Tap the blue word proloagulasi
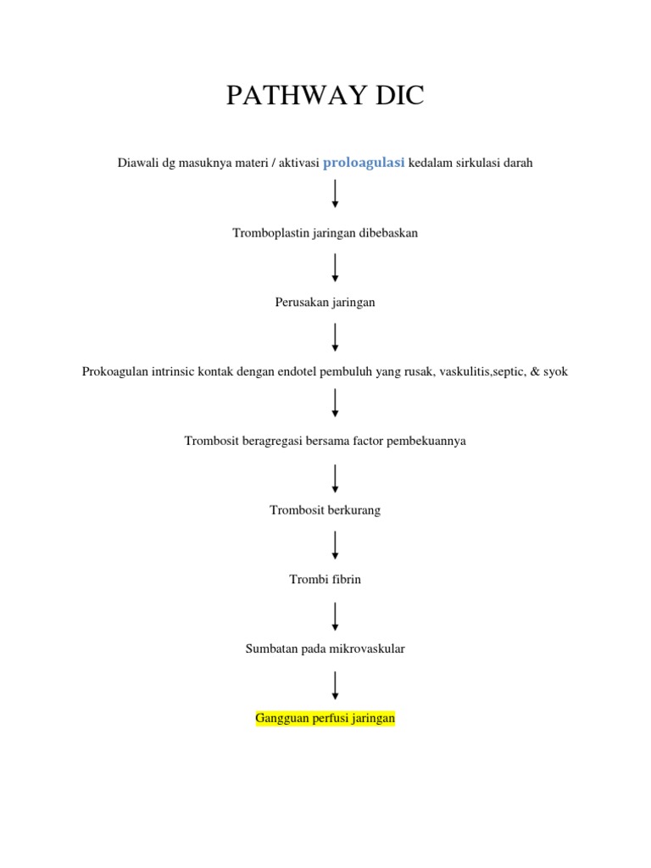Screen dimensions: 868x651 pos(364,163)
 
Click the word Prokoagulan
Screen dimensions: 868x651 pos(116,371)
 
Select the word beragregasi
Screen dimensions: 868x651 pos(270,441)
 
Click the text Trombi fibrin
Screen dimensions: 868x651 pos(325,580)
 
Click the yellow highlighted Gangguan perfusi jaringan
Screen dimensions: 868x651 pos(325,719)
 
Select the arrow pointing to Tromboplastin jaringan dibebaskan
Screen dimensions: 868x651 pos(336,193)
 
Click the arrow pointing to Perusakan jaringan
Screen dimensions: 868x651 pos(336,267)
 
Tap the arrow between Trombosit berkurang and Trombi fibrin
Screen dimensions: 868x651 pos(336,545)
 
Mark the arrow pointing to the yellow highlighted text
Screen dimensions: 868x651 pos(336,685)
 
